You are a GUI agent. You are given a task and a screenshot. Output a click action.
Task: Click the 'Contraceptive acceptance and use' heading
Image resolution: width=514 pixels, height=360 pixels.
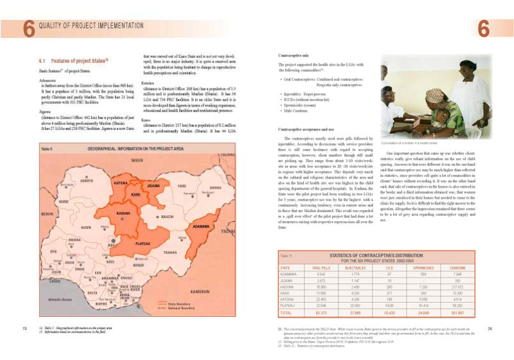pyautogui.click(x=309, y=130)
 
